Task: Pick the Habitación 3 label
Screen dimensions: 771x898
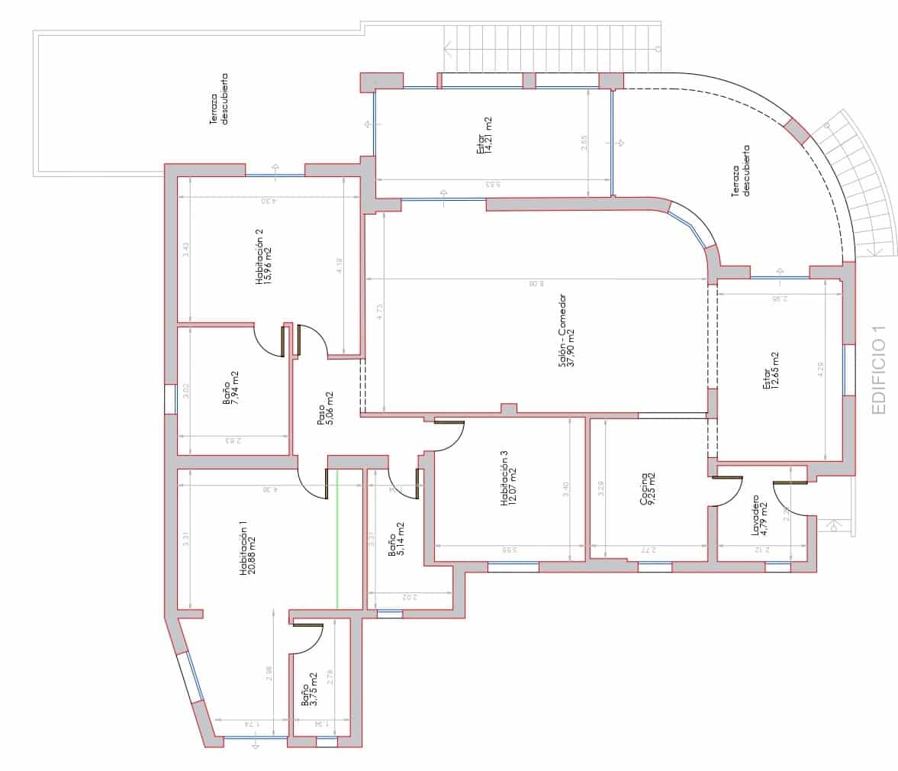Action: coord(507,479)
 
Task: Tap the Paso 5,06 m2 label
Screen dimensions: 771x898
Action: coord(325,408)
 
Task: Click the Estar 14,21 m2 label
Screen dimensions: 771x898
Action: coord(484,136)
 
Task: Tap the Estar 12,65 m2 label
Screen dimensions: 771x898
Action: coord(771,372)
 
